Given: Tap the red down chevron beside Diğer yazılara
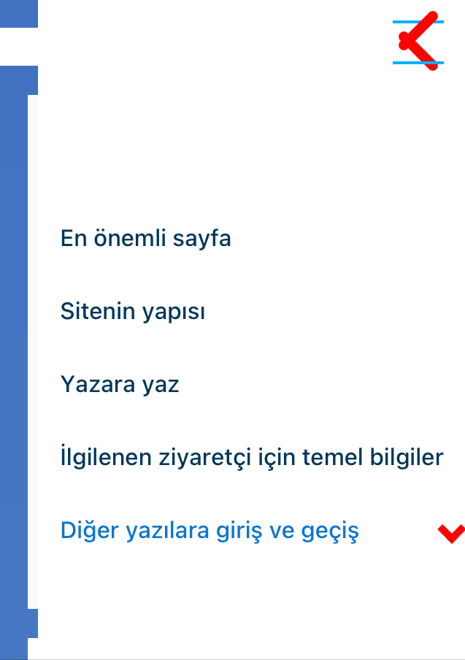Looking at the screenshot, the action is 452,534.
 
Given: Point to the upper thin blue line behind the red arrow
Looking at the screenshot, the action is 418,22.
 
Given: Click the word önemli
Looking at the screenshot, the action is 130,238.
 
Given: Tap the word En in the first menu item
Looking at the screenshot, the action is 74,238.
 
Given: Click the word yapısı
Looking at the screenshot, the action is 174,312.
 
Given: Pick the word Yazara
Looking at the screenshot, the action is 98,384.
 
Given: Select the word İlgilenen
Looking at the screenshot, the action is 106,458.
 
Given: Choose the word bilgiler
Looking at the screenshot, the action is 407,457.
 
